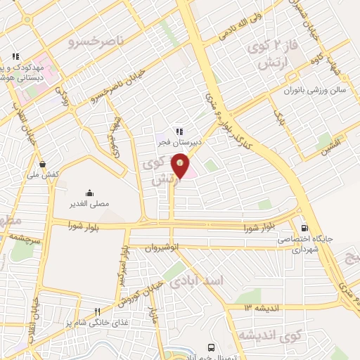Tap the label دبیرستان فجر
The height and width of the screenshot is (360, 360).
[179, 141]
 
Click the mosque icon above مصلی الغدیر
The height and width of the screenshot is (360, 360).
[90, 193]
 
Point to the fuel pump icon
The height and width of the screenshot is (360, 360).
[304, 228]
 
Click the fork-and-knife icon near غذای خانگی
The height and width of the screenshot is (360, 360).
[98, 311]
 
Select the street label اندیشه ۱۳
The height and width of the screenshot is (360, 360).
[262, 307]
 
